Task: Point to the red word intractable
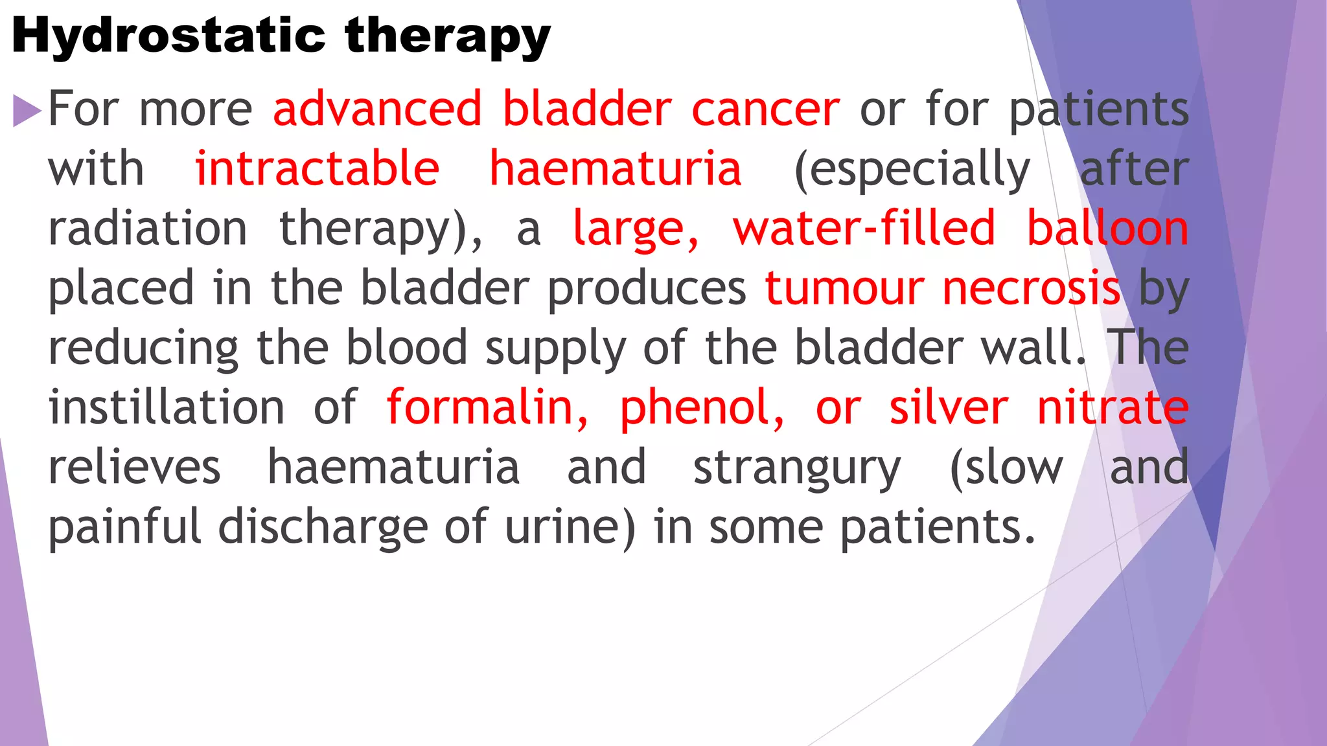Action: coord(317,169)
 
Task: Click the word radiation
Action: coord(148,229)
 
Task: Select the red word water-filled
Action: coord(864,229)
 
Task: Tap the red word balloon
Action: coord(1108,229)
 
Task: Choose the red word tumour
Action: coord(844,288)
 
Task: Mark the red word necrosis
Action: coord(1031,288)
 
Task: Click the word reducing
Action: coord(143,348)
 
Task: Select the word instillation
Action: coord(167,407)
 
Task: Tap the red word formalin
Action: coord(487,407)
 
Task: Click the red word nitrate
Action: coord(1113,407)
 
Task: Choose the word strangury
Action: coord(797,468)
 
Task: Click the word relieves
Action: coord(135,467)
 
